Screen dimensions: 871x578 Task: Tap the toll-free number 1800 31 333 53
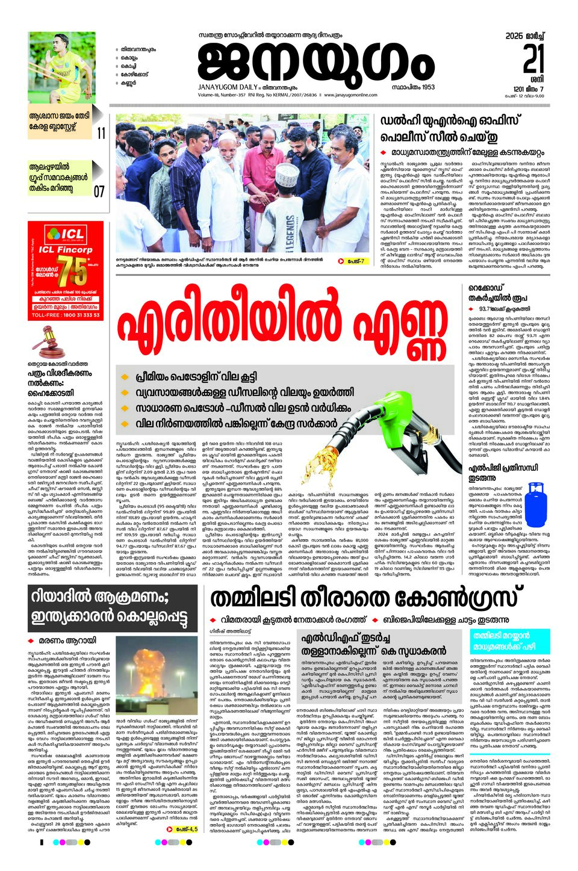coord(66,315)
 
